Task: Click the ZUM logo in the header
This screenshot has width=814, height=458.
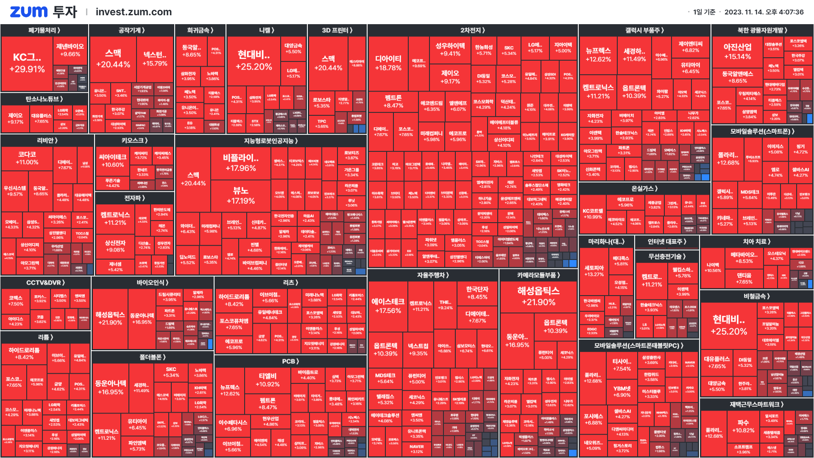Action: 28,12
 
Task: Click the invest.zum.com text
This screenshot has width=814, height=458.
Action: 134,12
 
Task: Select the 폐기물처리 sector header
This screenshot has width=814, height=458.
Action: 44,30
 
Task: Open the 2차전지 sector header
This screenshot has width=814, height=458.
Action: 472,30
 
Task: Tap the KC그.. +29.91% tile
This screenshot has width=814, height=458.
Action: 27,63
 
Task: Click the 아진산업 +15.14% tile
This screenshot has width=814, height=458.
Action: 737,51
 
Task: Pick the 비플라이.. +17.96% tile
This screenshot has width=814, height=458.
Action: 240,163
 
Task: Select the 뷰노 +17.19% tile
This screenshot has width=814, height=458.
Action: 240,195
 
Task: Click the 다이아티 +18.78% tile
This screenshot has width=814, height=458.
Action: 388,63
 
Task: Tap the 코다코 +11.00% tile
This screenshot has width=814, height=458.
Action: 27,158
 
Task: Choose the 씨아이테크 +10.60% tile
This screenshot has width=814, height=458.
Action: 112,161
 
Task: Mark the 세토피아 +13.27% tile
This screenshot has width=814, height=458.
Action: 594,271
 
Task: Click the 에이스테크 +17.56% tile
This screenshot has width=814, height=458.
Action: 387,306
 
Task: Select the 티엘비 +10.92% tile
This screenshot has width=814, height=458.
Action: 268,380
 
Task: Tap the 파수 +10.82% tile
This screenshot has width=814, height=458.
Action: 743,426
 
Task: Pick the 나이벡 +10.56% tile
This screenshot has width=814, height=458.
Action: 713,268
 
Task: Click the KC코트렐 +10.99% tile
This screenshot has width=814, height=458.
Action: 593,214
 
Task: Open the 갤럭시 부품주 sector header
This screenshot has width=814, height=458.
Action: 644,30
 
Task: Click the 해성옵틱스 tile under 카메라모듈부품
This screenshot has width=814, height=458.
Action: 538,296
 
